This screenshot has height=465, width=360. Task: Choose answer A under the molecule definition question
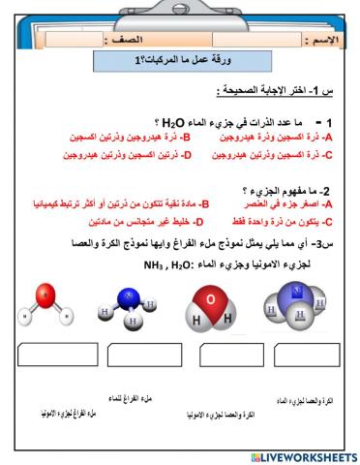(x=286, y=205)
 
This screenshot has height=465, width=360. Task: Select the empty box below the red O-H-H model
(x=216, y=356)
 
